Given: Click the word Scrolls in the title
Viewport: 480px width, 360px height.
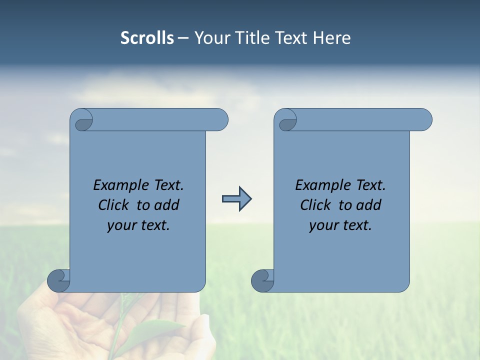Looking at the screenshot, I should [147, 38].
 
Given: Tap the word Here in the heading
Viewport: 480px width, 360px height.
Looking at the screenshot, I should [331, 38].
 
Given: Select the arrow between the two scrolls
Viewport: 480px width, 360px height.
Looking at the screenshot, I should [236, 199].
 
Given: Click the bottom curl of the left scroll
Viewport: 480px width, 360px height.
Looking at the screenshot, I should [58, 280].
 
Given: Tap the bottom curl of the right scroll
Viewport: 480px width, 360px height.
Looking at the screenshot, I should [262, 280].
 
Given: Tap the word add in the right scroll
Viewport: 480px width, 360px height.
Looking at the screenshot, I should [369, 205].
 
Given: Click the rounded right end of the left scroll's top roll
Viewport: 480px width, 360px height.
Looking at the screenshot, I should [220, 120].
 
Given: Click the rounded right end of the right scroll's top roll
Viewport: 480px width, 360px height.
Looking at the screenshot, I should [424, 120].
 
